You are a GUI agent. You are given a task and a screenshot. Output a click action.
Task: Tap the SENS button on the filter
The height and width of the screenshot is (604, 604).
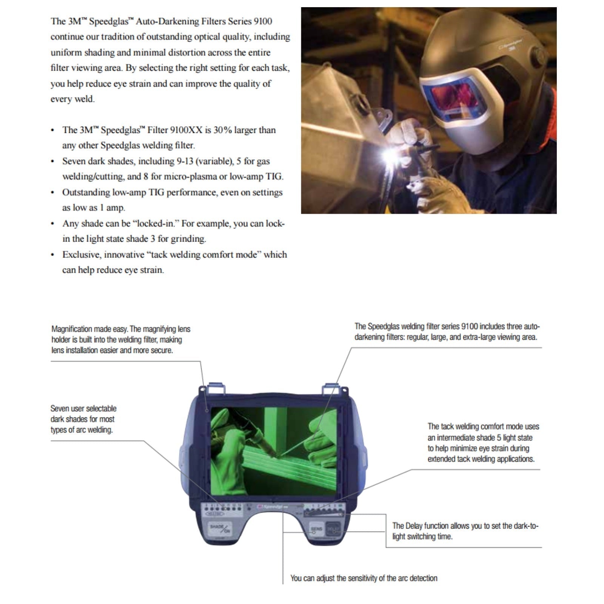pos(316,529)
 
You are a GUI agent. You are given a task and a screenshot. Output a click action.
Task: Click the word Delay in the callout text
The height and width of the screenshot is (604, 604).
pos(414,526)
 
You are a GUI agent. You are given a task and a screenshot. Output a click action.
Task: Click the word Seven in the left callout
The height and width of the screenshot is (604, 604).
pos(60,408)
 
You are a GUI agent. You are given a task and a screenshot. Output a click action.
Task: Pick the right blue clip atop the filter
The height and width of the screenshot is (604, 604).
pos(330,388)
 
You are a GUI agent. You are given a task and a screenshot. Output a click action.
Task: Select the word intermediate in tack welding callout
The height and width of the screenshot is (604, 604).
pos(455,438)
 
